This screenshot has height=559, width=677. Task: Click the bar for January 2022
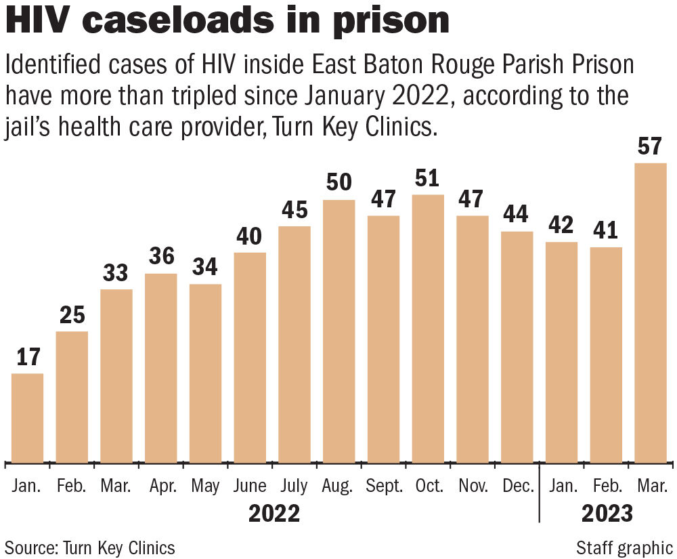pos(28,417)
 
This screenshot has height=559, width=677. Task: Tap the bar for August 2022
pos(339,331)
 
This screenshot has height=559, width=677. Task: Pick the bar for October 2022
pos(428,329)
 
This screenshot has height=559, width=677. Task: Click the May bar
pos(205,373)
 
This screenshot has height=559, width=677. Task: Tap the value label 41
pos(606,230)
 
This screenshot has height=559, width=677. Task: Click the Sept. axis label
pos(383,486)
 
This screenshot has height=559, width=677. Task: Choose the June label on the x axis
pos(250,486)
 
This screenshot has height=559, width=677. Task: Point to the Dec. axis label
pos(517,486)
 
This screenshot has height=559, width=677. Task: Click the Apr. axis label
pos(161,486)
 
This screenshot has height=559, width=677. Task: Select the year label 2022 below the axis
pos(274,514)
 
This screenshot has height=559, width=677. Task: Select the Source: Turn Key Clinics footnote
pos(90,547)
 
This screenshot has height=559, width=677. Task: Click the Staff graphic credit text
pos(625,547)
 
